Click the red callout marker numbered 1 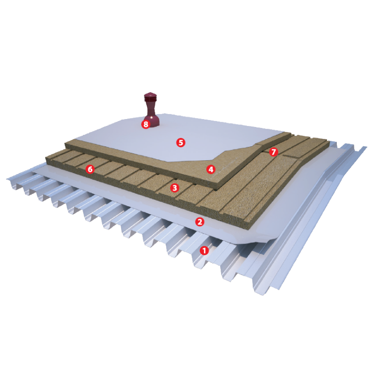(x=204, y=250)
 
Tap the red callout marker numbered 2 (x=199, y=222)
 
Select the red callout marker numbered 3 (x=175, y=188)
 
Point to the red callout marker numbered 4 (x=211, y=169)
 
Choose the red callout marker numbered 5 (x=181, y=142)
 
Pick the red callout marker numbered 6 (x=90, y=169)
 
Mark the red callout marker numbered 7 (x=273, y=152)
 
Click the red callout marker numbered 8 (x=146, y=124)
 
